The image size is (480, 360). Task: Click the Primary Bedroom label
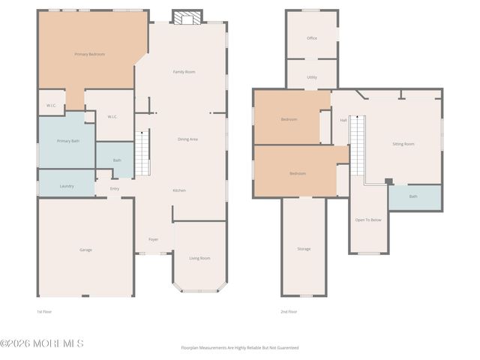click(89, 54)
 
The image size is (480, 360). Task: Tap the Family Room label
click(184, 72)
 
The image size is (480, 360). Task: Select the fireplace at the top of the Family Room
click(187, 16)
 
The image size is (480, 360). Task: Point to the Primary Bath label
click(68, 141)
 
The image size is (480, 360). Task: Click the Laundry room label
click(67, 185)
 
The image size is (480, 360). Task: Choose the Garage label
click(86, 250)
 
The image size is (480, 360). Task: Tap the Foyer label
click(153, 239)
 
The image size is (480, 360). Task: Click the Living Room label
click(199, 258)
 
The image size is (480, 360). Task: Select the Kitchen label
click(179, 190)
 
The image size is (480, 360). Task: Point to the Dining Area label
click(187, 139)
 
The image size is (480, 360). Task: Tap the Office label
click(312, 38)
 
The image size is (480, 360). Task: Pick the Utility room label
click(312, 77)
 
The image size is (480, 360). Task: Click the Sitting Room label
click(403, 143)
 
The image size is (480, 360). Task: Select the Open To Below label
click(368, 220)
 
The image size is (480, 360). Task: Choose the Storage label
click(304, 249)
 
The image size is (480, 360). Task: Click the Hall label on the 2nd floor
click(343, 120)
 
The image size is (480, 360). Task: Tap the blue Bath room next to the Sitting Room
click(414, 196)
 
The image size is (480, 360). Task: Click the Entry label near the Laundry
click(115, 188)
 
